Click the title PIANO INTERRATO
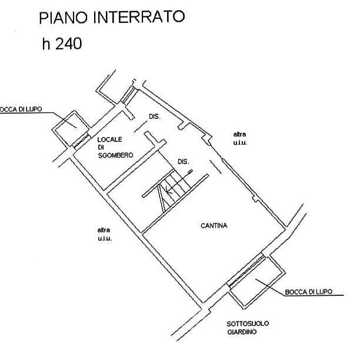(112, 18)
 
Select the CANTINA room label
(214, 225)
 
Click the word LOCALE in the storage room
(109, 139)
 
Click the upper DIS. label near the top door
(154, 116)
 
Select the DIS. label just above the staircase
(183, 162)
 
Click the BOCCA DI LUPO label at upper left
(20, 109)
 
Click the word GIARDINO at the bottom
(242, 334)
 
